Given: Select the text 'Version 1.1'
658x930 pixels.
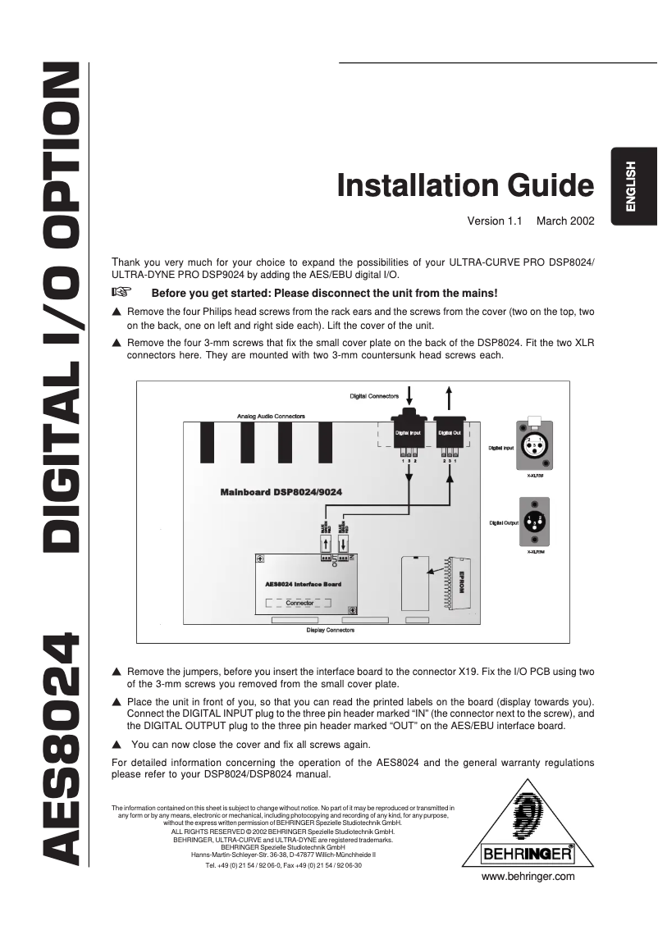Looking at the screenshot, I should click(495, 221).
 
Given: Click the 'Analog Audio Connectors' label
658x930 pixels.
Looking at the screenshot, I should click(271, 417).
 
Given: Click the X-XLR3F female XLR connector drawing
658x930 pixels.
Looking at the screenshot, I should click(532, 449).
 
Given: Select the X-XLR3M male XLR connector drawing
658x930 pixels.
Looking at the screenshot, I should click(532, 521).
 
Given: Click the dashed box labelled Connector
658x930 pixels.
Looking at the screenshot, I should click(299, 603).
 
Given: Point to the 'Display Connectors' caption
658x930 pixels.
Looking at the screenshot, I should click(330, 630).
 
